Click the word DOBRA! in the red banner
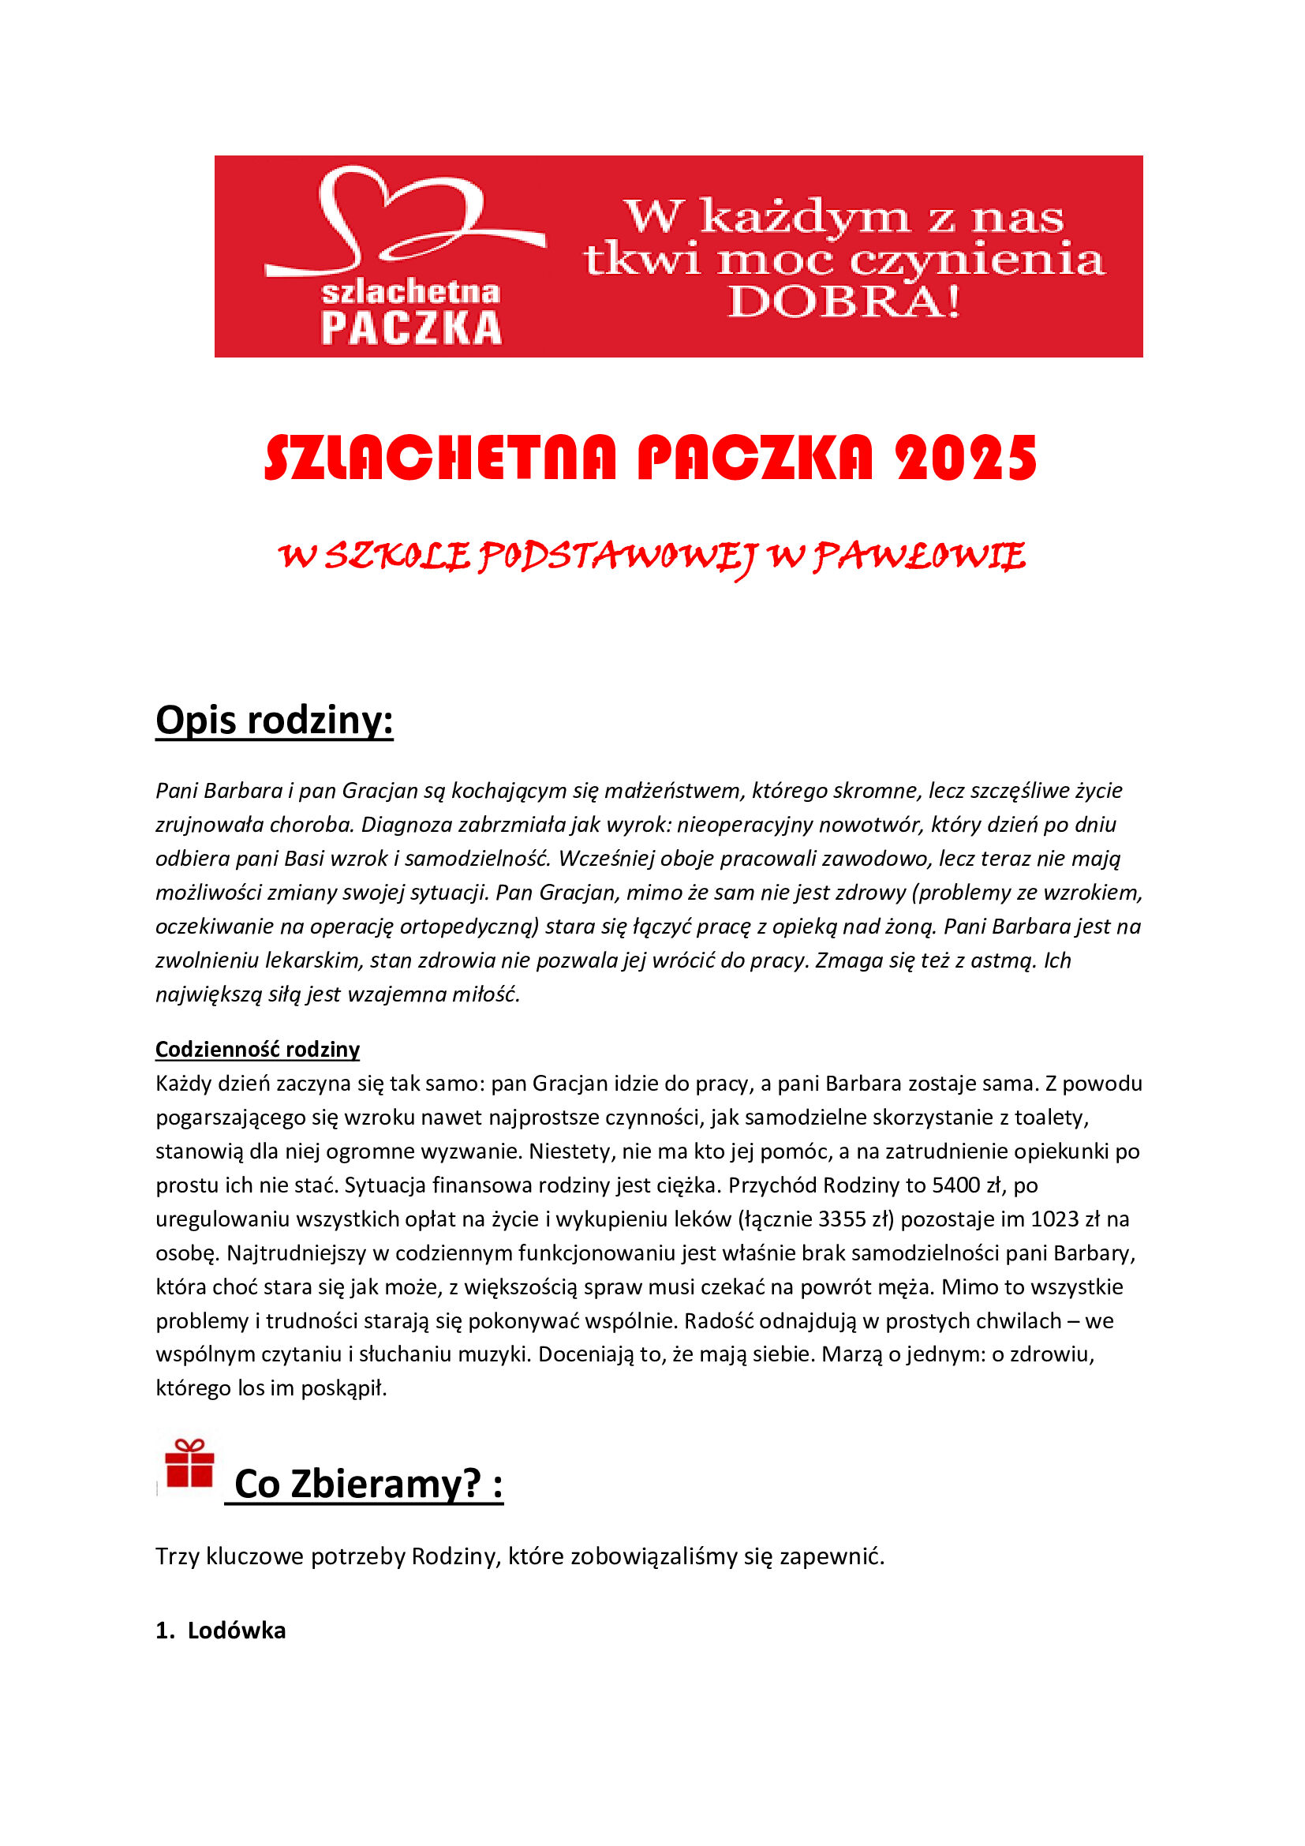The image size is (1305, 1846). [843, 301]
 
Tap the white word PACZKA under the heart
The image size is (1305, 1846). [410, 328]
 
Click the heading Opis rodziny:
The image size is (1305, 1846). [274, 720]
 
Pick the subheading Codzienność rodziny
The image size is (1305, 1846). [257, 1049]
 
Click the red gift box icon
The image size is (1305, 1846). [189, 1464]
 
